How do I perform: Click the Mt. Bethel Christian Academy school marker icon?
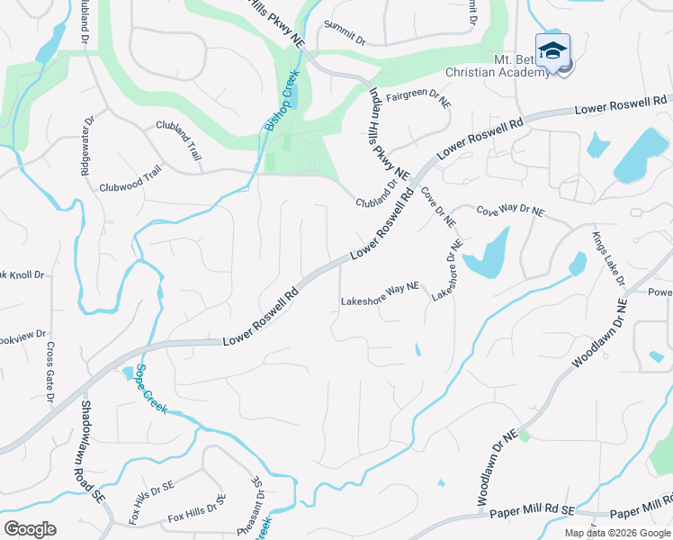552,50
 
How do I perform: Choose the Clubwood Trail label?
130,180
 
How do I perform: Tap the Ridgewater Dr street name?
87,144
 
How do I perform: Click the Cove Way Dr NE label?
510,211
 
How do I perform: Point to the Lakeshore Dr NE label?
446,269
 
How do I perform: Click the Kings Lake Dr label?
608,258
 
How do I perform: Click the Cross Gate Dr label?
50,372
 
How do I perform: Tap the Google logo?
30,529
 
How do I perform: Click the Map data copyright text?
617,533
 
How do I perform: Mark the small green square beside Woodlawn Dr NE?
525,436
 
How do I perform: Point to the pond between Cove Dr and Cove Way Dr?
489,254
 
